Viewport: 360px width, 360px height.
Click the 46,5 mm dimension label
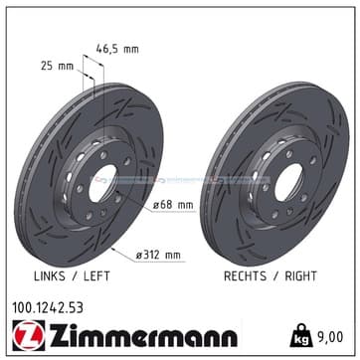click(117, 50)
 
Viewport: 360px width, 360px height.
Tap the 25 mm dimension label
click(57, 66)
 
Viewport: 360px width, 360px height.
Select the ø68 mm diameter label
click(173, 205)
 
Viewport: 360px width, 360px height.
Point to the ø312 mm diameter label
click(159, 255)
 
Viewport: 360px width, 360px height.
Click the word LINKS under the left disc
click(50, 275)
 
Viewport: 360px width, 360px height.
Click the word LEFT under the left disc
click(96, 275)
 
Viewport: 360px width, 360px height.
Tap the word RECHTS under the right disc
click(245, 275)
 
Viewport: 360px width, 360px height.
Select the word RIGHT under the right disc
click(301, 275)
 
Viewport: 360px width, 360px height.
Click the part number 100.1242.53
click(48, 308)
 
